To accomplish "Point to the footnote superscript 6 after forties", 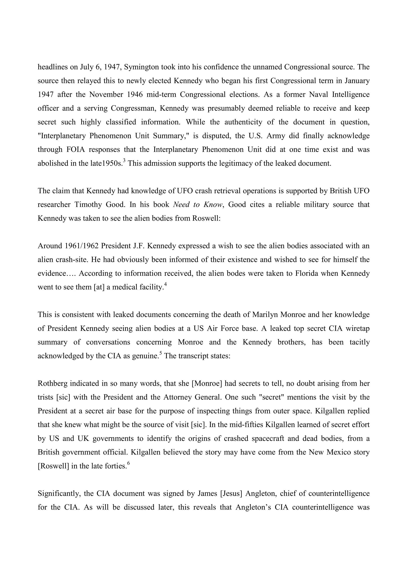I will pyautogui.click(x=128, y=463).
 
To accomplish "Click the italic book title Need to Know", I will pyautogui.click(x=198, y=205).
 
